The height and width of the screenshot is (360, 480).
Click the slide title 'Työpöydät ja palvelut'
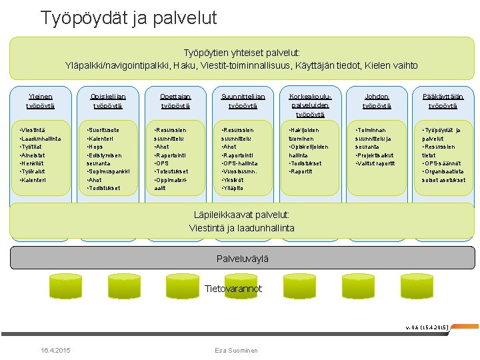pos(129,18)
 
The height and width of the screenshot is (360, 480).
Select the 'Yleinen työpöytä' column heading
pos(40,101)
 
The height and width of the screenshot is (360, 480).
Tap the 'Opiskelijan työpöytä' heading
pos(108,101)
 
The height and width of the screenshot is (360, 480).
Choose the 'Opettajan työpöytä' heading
pos(175,101)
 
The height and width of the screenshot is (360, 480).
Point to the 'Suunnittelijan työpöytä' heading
pos(243,101)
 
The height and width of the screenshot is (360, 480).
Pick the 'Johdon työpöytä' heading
pos(377,101)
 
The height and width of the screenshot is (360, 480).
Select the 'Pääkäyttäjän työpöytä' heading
pos(443,101)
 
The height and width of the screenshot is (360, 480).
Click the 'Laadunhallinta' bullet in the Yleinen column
pos(41,139)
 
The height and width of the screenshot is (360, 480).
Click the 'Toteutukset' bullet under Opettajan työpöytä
pos(172,171)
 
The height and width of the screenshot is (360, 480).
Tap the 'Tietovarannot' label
pos(233,289)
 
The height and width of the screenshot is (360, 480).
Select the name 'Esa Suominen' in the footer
pos(236,351)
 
